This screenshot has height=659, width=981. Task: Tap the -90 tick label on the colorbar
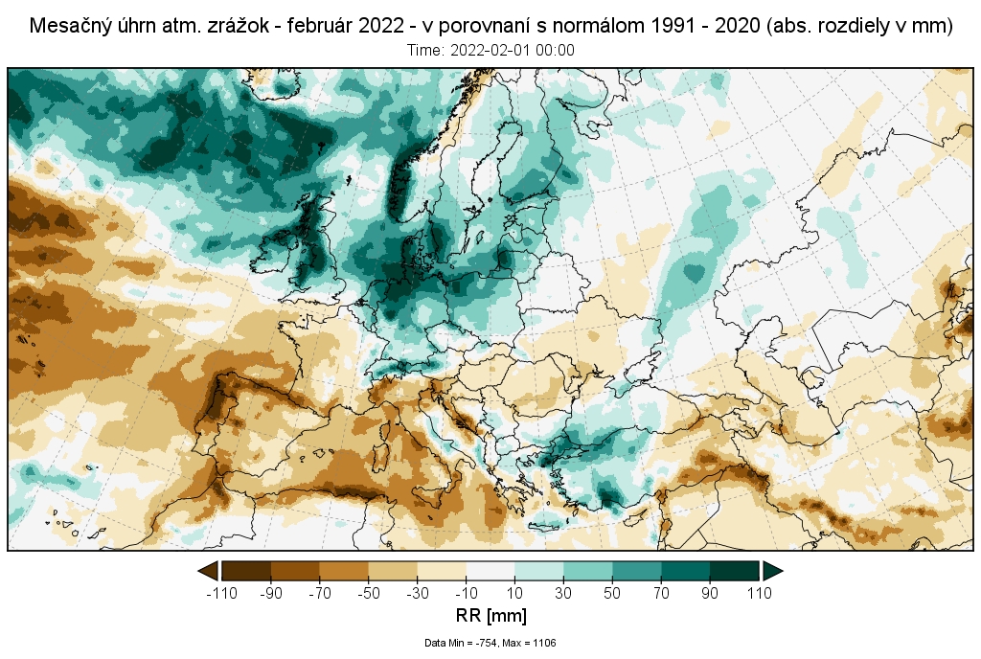click(271, 593)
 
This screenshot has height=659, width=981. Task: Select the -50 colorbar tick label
click(369, 593)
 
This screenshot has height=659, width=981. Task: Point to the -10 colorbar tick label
click(467, 593)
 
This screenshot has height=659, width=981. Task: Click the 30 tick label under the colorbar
click(563, 593)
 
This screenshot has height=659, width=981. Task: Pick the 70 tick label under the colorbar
click(661, 593)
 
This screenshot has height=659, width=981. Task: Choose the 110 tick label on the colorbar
click(760, 593)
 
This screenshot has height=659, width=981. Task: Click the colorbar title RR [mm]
click(490, 615)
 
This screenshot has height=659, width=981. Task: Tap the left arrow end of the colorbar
click(207, 571)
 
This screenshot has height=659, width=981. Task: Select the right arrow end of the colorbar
click(773, 571)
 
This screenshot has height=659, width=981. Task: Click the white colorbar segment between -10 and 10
click(490, 571)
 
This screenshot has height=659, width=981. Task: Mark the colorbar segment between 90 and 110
click(735, 571)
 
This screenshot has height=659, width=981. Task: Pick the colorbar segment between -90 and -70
click(295, 571)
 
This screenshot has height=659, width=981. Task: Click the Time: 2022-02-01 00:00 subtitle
click(490, 50)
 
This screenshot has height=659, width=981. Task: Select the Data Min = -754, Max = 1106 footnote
click(490, 643)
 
